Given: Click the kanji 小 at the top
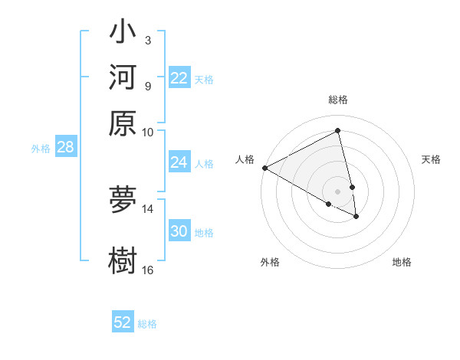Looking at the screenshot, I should (x=123, y=34).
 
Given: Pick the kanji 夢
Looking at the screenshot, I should (x=123, y=201).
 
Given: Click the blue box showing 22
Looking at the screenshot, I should (x=179, y=78).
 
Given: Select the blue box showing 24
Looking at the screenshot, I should (x=179, y=162).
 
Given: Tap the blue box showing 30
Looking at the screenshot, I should (x=179, y=232).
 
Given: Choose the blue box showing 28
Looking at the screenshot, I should (x=65, y=148).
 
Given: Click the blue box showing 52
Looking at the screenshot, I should (x=123, y=322).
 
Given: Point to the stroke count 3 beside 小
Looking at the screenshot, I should (x=147, y=40).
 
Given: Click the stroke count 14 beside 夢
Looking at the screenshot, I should (x=148, y=208).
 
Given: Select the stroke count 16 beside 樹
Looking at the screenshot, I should (x=148, y=269).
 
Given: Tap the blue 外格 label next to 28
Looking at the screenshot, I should (x=41, y=149).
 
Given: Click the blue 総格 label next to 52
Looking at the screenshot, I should (x=147, y=324).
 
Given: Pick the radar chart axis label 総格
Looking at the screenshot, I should (x=338, y=100).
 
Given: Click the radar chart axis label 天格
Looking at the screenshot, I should (x=432, y=159).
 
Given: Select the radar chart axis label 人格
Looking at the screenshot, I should (x=245, y=159).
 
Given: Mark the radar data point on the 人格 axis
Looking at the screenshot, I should (x=264, y=168).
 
